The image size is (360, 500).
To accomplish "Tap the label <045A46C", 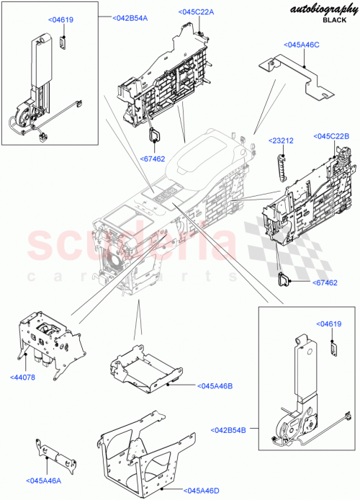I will click(301, 45).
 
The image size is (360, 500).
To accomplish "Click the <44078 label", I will click(25, 376).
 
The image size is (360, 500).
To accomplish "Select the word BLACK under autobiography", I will click(333, 21).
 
